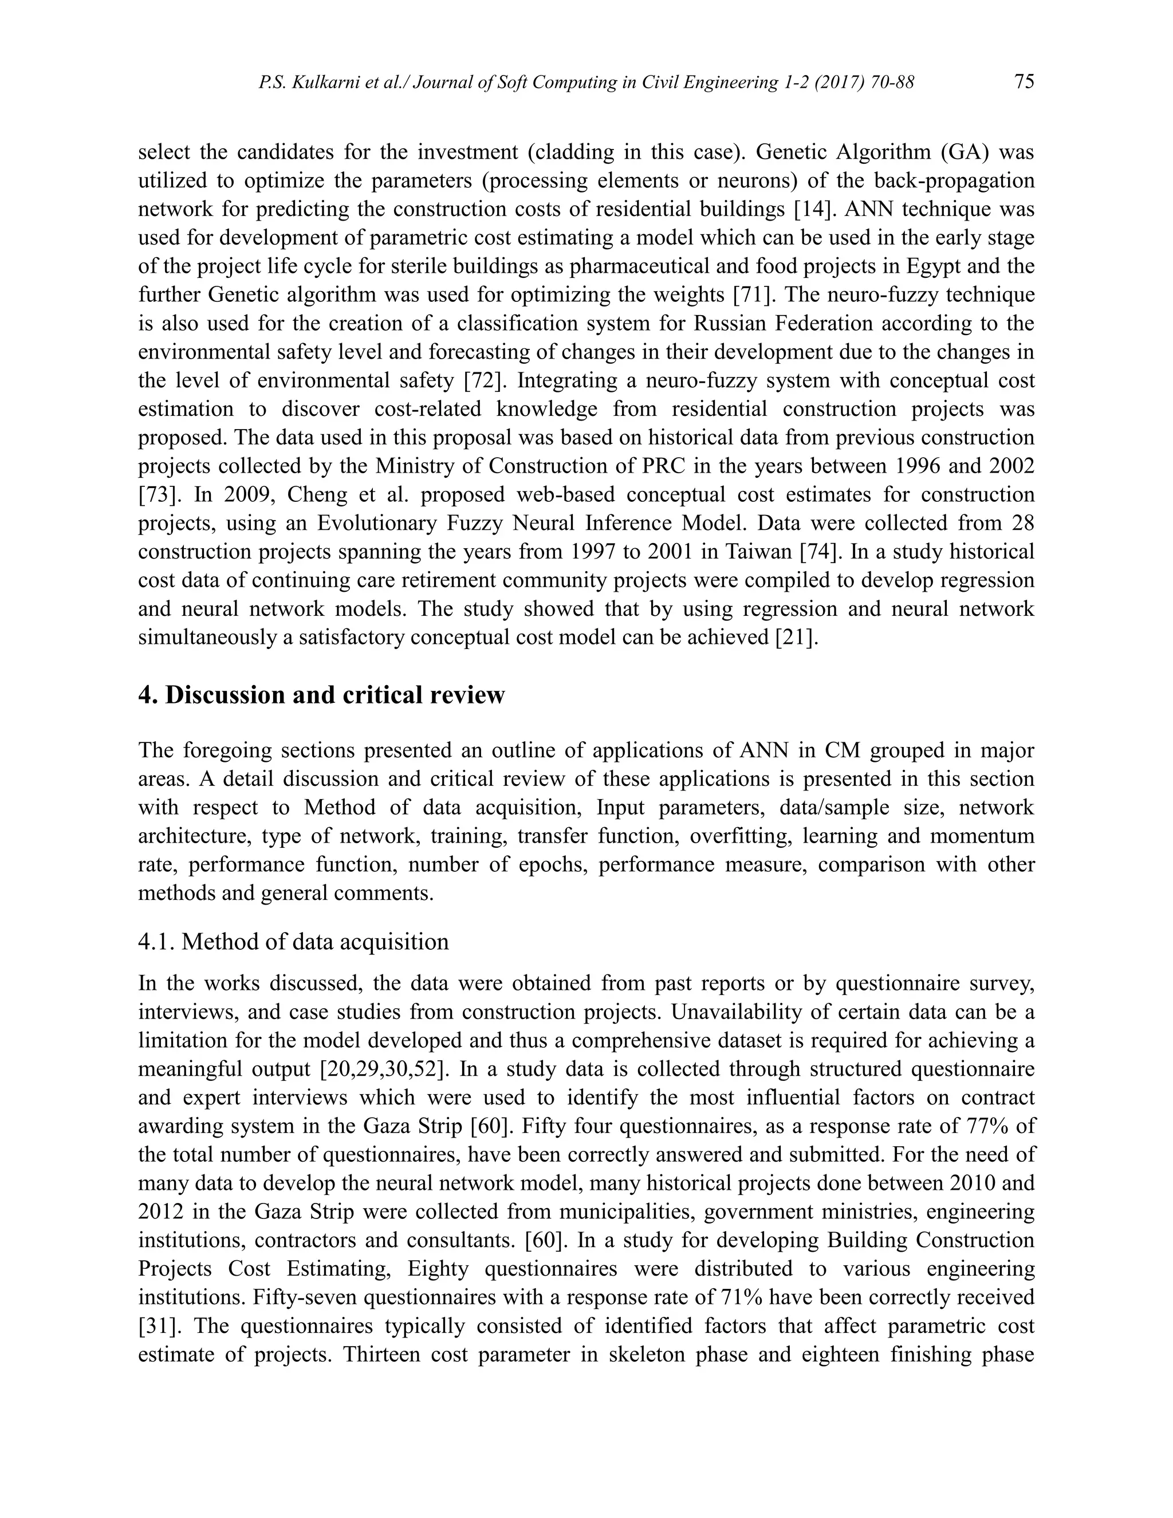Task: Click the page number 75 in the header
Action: pyautogui.click(x=1024, y=82)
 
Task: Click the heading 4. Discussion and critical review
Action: pyautogui.click(x=321, y=694)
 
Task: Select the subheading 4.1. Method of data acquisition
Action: pyautogui.click(x=293, y=941)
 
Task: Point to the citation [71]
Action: pyautogui.click(x=754, y=294)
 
